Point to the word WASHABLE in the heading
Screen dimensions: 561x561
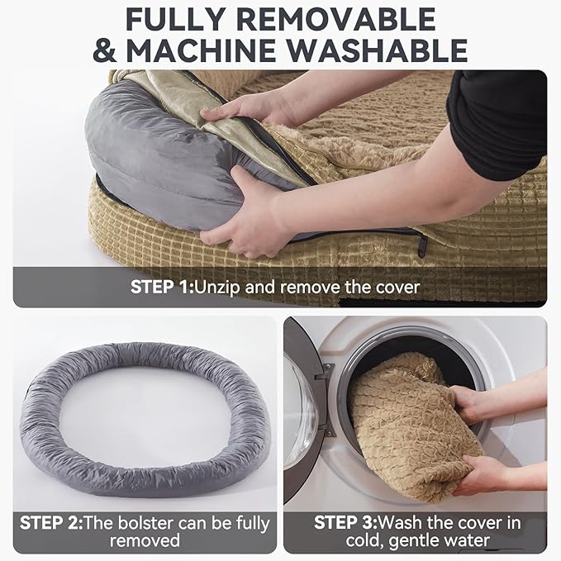pyautogui.click(x=396, y=50)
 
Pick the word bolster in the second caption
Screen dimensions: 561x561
pyautogui.click(x=152, y=522)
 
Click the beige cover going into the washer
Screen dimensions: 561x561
pyautogui.click(x=405, y=430)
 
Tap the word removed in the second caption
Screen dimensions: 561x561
pyautogui.click(x=145, y=542)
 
